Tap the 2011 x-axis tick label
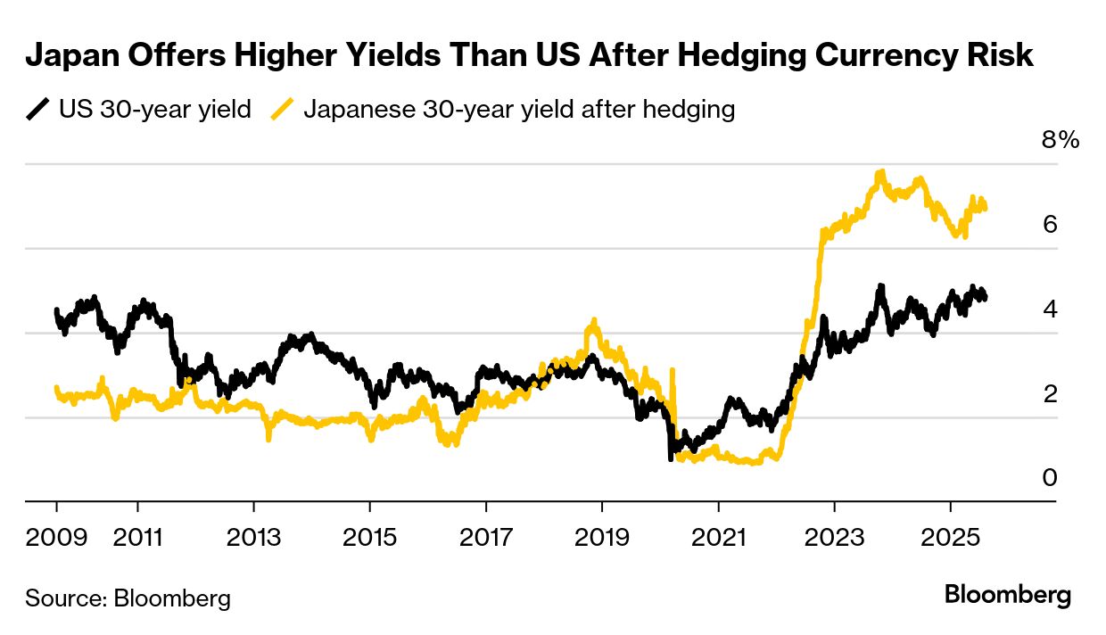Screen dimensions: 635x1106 [137, 538]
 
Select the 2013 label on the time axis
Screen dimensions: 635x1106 [254, 538]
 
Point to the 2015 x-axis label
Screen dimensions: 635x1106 [370, 538]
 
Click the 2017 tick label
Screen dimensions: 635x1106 [486, 538]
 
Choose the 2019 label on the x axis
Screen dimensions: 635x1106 [602, 538]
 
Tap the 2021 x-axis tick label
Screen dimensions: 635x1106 [718, 538]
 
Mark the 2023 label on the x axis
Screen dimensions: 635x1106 [834, 538]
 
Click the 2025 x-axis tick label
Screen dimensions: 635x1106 [950, 538]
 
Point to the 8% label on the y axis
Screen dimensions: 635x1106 [1061, 140]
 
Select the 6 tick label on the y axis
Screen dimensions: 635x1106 [1050, 224]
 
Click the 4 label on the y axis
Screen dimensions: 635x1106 [1050, 309]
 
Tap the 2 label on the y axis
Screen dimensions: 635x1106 [1050, 393]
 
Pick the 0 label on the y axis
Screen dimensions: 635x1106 [1050, 478]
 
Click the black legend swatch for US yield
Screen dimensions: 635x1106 [37, 110]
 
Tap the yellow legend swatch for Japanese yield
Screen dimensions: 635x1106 [283, 110]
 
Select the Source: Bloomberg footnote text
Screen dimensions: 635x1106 [128, 598]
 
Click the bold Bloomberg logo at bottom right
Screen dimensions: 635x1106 [1008, 596]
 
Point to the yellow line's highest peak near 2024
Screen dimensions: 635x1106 [881, 172]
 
